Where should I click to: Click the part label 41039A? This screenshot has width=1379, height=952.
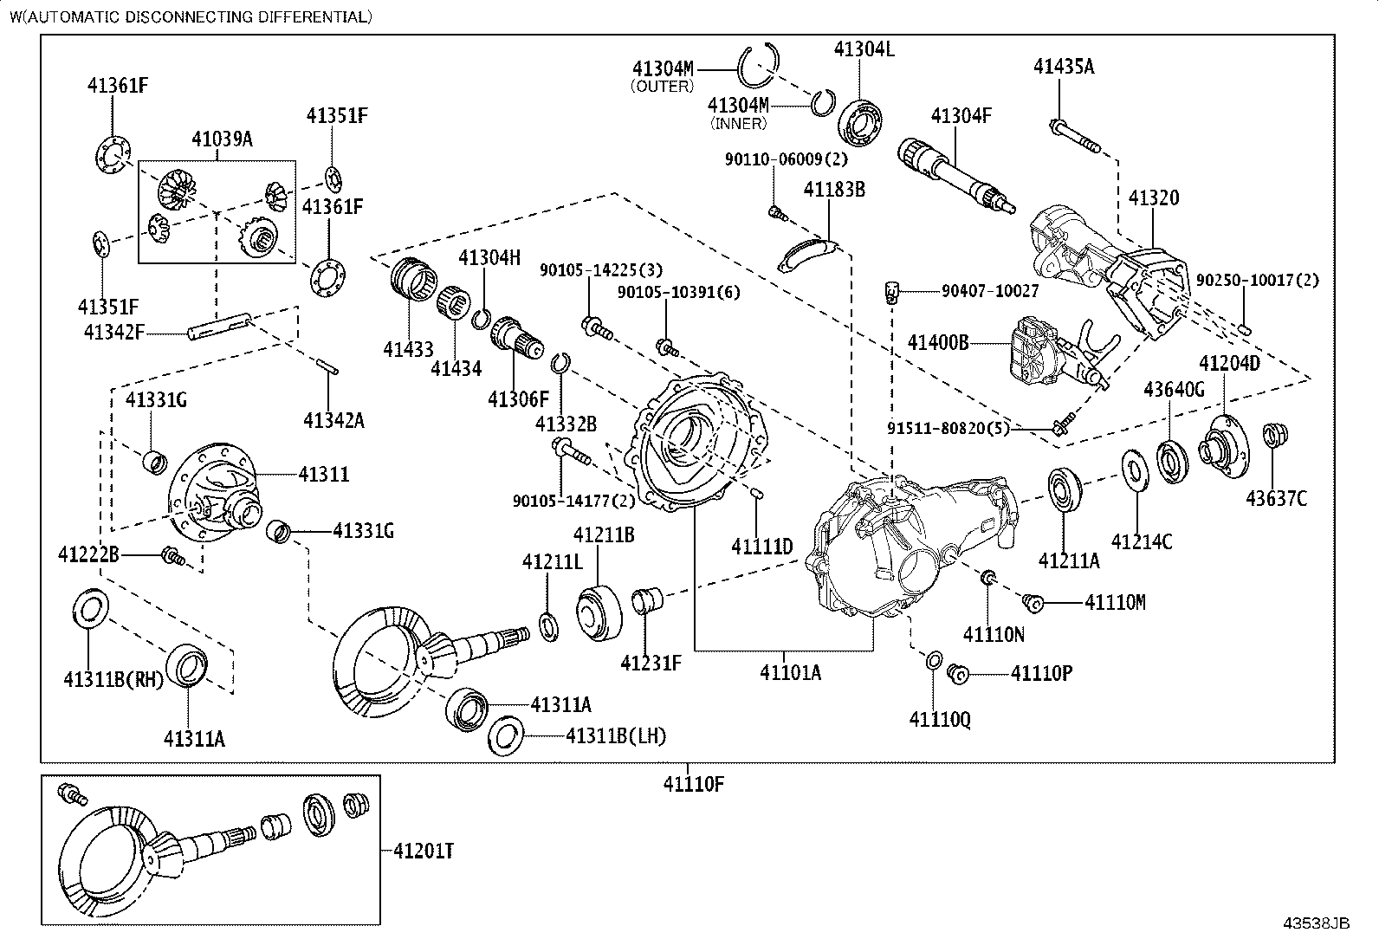coord(222,139)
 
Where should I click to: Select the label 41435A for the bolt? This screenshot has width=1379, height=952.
coord(1063,66)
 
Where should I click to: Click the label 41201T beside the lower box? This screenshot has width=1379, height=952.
coord(424,852)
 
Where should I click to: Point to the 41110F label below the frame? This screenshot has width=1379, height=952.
coord(693,785)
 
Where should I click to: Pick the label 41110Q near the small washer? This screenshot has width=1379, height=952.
coord(939,719)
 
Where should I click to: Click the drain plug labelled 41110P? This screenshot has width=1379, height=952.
coord(957,674)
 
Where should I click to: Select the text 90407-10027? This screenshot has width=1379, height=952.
coord(990,292)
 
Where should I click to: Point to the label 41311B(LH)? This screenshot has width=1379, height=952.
coord(616,736)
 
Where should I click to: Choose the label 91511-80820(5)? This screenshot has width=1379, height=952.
coord(948,427)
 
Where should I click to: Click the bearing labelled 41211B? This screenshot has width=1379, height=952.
coord(599,614)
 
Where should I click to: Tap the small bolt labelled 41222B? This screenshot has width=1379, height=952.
coord(172,558)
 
